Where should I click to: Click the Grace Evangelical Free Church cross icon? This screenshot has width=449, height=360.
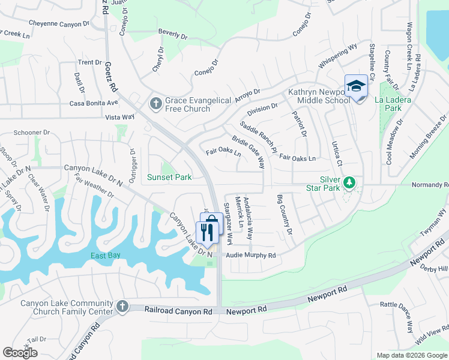(155, 104)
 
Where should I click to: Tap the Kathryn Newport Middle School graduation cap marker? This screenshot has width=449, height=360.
(356, 86)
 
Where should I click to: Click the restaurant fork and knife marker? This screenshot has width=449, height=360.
(206, 232)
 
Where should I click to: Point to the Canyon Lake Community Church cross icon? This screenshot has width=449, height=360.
(122, 307)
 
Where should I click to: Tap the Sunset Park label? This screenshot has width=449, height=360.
(170, 177)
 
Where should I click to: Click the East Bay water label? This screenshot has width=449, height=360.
(106, 256)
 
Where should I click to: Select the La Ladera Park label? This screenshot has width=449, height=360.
(393, 104)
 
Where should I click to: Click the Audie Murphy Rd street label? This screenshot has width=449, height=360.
(250, 256)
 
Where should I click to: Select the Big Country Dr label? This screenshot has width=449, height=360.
(285, 214)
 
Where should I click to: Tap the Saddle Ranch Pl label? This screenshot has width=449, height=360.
(259, 137)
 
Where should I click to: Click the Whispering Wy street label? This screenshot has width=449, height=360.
(338, 55)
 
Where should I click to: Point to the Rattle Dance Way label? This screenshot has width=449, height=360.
(397, 316)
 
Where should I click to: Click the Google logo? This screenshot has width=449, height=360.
(20, 353)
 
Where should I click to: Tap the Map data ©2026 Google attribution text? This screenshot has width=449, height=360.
(411, 355)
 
